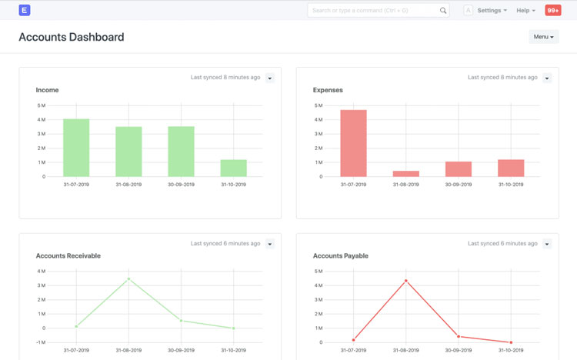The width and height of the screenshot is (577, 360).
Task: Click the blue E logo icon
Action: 25,10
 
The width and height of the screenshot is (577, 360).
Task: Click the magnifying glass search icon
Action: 443,11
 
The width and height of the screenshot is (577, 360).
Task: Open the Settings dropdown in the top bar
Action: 492,11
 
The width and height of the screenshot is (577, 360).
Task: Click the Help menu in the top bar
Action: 525,11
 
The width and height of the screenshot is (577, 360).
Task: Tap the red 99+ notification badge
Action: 552,11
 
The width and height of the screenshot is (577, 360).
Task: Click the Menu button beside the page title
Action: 543,37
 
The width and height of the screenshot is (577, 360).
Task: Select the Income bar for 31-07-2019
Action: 76,148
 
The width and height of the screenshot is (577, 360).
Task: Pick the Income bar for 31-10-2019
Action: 233,168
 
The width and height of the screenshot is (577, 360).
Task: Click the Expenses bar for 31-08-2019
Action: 406,174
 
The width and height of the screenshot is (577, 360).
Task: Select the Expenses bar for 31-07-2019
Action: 353,144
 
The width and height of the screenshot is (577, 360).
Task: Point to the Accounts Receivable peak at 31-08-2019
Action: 128,279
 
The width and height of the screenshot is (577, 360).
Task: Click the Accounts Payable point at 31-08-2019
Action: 406,281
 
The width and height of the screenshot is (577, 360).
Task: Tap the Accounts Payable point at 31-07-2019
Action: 354,340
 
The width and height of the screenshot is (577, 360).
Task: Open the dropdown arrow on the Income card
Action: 270,78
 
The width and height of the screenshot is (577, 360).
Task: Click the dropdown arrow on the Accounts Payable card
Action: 547,245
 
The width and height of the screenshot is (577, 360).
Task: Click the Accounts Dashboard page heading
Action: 72,37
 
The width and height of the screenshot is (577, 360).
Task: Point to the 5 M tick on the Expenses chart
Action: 318,105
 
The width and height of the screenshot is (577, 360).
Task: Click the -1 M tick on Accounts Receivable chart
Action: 40,342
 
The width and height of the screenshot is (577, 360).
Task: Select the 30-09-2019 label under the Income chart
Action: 181,185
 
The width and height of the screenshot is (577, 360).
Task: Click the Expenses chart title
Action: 328,90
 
